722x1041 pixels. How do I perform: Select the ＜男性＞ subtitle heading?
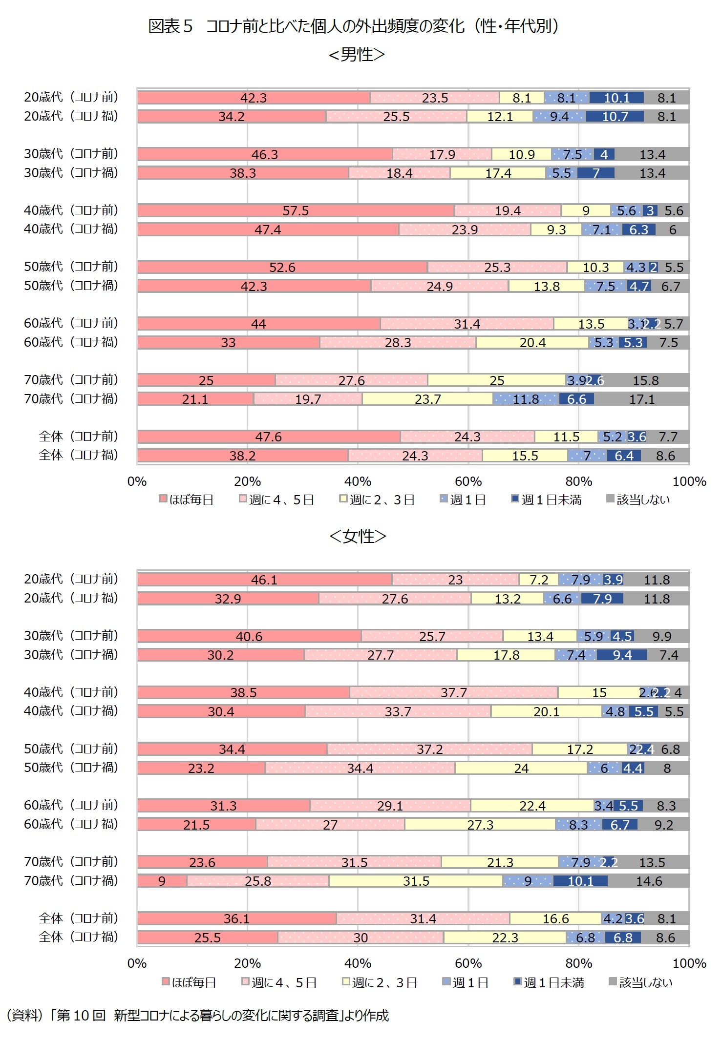[357, 54]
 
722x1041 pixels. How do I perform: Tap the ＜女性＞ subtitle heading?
[358, 536]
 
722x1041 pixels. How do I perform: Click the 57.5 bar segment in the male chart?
[296, 210]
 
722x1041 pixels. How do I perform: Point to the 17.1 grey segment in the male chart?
[641, 399]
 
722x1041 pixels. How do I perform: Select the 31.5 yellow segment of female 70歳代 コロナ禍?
[416, 881]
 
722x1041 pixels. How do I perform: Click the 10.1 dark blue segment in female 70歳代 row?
[580, 881]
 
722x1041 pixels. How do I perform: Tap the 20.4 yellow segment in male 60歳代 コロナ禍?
[532, 342]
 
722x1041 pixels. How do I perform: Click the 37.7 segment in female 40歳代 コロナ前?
[453, 692]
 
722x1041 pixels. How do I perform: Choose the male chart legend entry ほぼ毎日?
[187, 500]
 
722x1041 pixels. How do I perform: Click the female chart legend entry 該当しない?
[641, 982]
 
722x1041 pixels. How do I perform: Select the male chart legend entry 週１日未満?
[547, 500]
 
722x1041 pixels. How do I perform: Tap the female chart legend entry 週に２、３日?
[380, 982]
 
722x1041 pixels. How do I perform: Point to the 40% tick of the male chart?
[358, 481]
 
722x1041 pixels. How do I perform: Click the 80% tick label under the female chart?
[578, 963]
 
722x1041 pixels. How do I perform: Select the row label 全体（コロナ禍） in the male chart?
[78, 455]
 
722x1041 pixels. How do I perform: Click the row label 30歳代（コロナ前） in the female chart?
[71, 636]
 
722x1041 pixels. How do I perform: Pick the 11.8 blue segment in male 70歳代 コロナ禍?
[526, 399]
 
